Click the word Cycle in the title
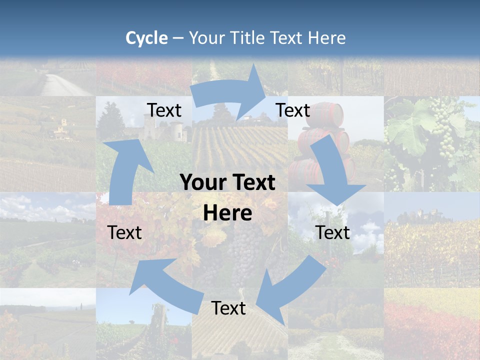[x=146, y=38]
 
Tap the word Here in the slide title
[x=326, y=38]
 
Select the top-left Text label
[x=164, y=110]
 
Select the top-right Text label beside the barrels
[x=293, y=110]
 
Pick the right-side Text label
[x=332, y=232]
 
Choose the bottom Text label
[x=228, y=308]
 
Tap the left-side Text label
[x=124, y=232]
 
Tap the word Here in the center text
[x=227, y=213]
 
